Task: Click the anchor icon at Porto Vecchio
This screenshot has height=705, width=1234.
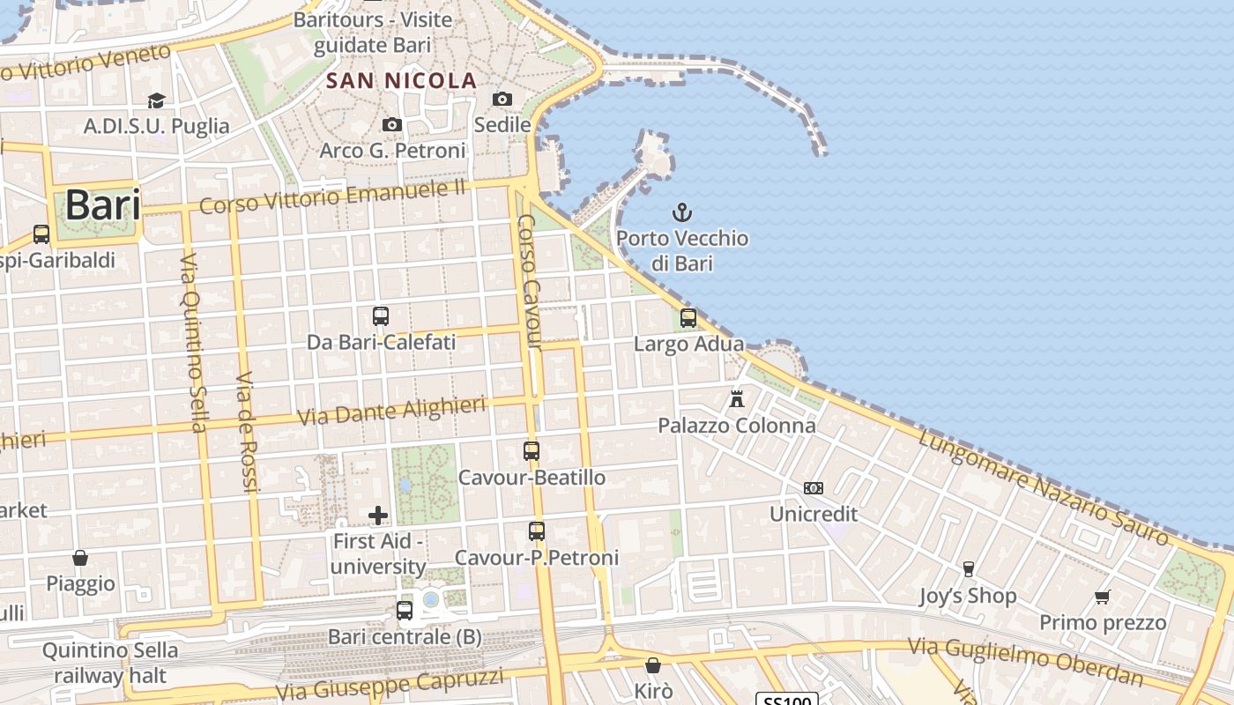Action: (x=681, y=212)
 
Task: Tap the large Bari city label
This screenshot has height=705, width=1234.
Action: (x=103, y=205)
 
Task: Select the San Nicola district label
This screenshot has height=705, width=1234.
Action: (x=401, y=81)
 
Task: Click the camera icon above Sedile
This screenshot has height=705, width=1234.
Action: (x=502, y=99)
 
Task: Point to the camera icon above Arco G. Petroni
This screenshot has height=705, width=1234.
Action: (x=392, y=125)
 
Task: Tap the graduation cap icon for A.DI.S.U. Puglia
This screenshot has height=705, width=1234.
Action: (x=156, y=100)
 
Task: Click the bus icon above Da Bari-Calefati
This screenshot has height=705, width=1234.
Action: (x=381, y=315)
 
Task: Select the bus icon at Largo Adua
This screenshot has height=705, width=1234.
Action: (x=688, y=317)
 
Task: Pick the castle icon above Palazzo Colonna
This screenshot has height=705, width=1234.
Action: (x=737, y=399)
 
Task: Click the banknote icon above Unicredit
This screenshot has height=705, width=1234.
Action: (x=814, y=487)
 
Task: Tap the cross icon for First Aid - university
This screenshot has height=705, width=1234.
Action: (x=378, y=515)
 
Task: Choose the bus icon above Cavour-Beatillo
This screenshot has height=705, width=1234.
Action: (x=532, y=451)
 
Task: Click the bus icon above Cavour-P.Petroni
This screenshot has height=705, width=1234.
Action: (x=537, y=531)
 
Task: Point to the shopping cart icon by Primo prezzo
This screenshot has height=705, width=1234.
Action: (x=1102, y=597)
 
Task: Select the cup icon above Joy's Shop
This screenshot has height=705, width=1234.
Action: (x=968, y=569)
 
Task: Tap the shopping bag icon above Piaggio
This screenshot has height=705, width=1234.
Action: (x=80, y=558)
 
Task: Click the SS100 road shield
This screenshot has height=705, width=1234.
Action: (x=787, y=700)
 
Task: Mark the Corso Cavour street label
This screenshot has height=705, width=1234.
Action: (x=530, y=282)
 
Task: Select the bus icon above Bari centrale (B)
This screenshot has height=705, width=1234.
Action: (x=405, y=610)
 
